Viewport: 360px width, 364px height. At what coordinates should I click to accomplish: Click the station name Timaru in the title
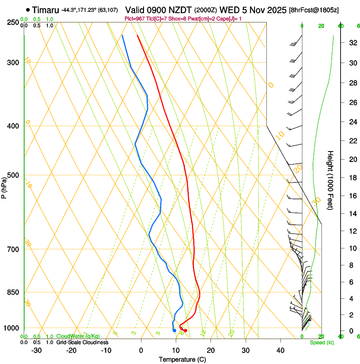coord(45,10)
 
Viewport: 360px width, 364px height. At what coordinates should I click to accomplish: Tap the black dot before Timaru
coord(28,10)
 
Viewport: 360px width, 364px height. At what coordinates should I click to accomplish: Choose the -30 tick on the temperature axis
coord(36,350)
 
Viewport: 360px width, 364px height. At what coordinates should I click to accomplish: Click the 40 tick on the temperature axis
coord(280,350)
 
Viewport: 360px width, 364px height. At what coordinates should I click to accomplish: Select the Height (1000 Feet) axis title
coord(331,180)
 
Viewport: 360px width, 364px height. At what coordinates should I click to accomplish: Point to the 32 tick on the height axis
coord(352,43)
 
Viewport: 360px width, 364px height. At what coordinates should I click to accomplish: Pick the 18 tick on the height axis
coord(352,178)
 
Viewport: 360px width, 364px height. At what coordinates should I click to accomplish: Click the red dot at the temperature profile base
coord(186,331)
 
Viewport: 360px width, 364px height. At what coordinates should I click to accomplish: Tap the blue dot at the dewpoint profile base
coord(174,331)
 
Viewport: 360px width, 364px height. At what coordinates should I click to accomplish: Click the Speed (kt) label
coord(321,342)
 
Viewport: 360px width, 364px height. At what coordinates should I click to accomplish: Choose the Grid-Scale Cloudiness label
coord(82,342)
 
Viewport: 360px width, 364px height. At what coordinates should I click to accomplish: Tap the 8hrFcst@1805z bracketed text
coord(314,10)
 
